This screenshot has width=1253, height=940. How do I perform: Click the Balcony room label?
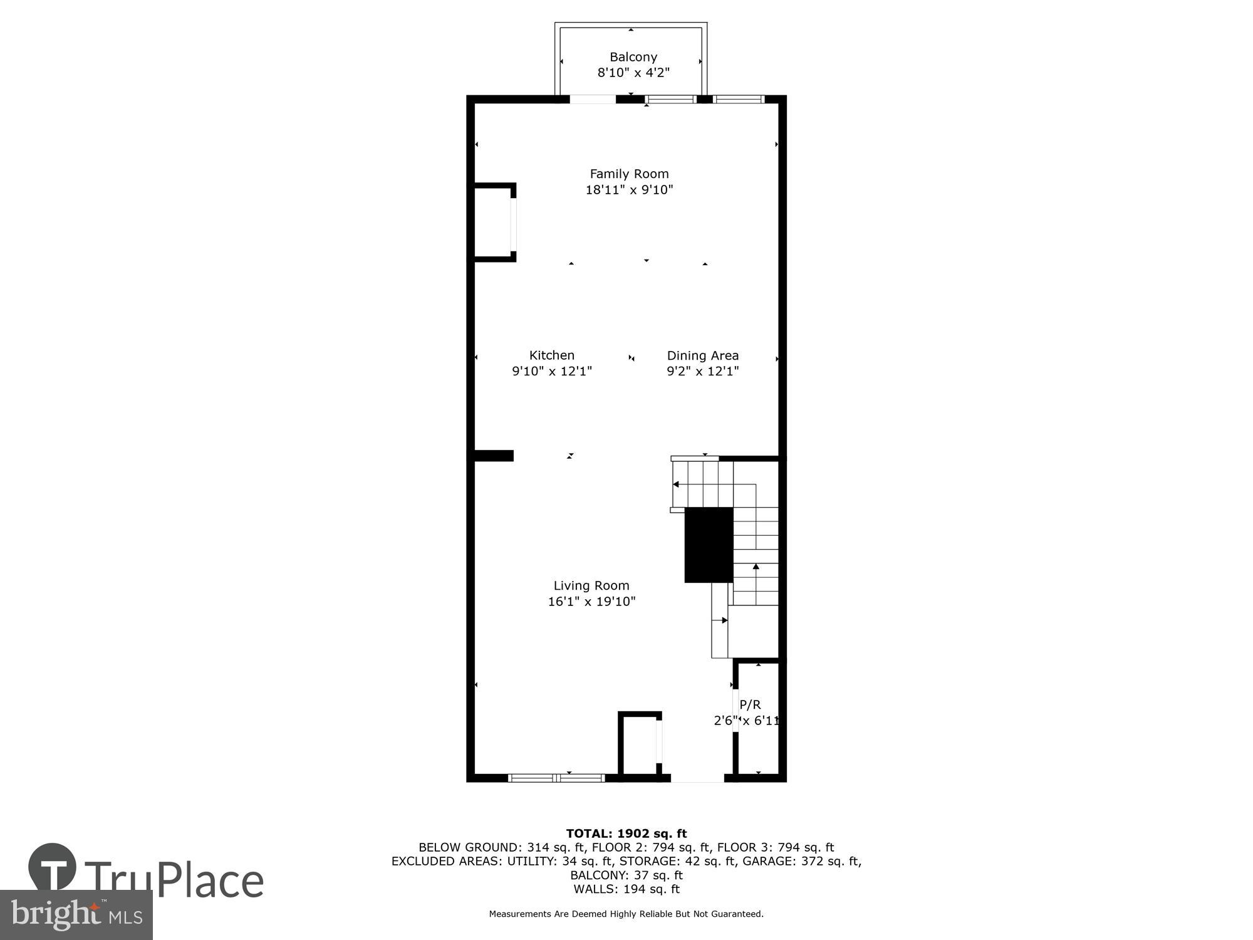tap(633, 57)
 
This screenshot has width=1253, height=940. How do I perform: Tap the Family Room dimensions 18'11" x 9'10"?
tap(629, 190)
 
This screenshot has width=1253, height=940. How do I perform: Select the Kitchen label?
tap(551, 355)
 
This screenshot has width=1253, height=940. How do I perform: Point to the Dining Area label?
tap(702, 356)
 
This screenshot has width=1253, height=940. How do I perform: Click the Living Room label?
tap(591, 586)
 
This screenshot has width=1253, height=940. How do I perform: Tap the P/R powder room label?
tap(750, 704)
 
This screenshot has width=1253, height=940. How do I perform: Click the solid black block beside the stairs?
tap(709, 545)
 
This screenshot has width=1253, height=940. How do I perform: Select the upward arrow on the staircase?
tap(756, 567)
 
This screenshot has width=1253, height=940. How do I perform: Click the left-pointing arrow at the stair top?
tap(676, 484)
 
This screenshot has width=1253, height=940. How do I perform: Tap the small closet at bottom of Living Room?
tap(640, 746)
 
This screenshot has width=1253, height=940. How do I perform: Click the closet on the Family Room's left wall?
tap(494, 222)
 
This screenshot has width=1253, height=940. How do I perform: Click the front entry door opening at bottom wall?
tap(697, 778)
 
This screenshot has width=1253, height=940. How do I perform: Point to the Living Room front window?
tap(556, 778)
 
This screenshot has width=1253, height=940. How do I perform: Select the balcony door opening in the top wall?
tap(593, 99)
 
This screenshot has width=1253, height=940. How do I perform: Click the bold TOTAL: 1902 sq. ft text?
tap(626, 833)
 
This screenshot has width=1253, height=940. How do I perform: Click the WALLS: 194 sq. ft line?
tap(626, 889)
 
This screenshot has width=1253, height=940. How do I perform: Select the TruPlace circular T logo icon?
tap(53, 868)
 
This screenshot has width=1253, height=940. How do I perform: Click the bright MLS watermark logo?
tap(76, 916)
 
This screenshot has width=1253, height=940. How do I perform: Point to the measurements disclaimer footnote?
tap(626, 914)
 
